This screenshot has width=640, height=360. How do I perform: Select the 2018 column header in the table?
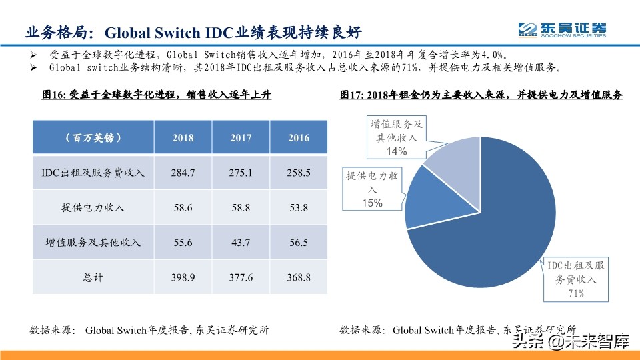pos(183,138)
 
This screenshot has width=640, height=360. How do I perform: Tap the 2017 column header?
pos(241,138)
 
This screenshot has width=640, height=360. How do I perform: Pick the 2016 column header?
pos(299,138)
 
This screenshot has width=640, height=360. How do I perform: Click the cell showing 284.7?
pos(183,173)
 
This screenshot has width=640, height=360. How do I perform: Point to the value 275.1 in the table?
pos(241,173)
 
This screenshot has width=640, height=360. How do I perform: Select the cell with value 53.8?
pos(299,207)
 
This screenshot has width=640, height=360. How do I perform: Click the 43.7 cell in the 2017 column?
pos(241,243)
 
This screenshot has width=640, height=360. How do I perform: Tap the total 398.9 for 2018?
pos(183,277)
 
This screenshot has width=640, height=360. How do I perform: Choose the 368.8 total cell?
pos(299,277)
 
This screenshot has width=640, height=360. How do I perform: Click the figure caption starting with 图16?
pos(157,95)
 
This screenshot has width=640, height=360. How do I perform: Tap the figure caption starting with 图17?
pos(480,95)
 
